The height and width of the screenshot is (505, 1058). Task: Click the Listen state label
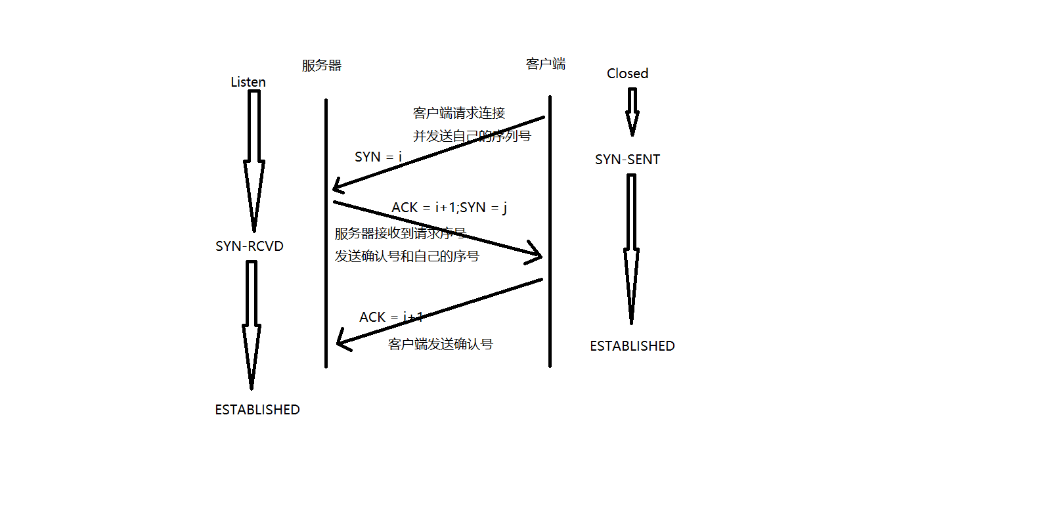(248, 82)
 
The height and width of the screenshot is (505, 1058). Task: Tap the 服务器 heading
(322, 66)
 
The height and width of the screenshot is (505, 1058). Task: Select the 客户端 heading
(546, 64)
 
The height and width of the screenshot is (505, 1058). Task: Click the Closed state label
(627, 74)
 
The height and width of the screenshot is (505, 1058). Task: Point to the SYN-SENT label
(627, 160)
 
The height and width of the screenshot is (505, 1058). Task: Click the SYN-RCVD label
(250, 246)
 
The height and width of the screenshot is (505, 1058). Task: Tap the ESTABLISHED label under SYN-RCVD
(257, 410)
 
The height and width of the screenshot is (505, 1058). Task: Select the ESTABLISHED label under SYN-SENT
(632, 346)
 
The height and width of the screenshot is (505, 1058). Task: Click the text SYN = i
(378, 157)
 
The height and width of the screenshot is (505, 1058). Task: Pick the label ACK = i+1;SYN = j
(449, 208)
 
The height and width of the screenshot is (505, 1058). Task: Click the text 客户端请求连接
(459, 113)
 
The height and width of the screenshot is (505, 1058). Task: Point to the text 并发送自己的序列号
(472, 136)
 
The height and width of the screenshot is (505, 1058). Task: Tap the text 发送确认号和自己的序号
(407, 256)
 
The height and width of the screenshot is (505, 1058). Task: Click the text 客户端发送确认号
(441, 344)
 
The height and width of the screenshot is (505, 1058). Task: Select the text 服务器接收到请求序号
(401, 233)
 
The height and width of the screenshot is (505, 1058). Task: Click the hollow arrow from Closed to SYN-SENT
(632, 112)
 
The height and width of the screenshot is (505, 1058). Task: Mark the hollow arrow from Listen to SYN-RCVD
(254, 160)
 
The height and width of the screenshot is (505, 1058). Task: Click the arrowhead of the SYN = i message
(338, 186)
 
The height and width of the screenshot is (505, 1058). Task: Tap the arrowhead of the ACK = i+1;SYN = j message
(536, 255)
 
